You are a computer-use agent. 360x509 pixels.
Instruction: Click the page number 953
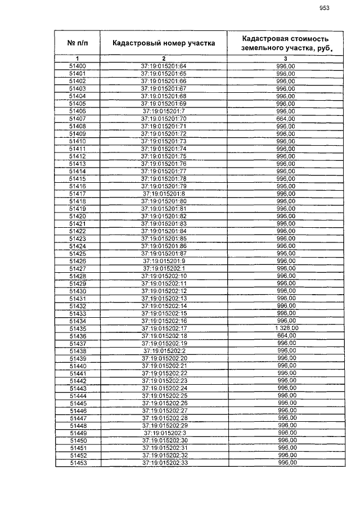tap(324, 8)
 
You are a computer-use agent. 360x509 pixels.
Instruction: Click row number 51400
tap(78, 66)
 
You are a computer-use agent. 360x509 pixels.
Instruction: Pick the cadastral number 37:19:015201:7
tap(164, 111)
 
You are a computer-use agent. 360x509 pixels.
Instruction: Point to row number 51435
tap(78, 328)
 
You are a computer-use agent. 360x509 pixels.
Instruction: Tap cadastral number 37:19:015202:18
tap(164, 336)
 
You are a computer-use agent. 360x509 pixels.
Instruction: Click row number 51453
tap(78, 463)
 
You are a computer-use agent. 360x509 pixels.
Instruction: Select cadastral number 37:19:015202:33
tap(164, 463)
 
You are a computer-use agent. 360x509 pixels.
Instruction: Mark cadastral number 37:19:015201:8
tap(164, 193)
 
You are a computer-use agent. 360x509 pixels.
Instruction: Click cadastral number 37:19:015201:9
tap(164, 261)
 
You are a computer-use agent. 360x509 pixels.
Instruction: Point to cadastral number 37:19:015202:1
tap(164, 268)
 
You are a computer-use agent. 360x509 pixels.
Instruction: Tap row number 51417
tap(78, 193)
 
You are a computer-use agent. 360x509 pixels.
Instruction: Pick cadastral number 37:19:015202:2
tap(164, 350)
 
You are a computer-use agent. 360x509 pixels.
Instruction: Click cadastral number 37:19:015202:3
tap(164, 433)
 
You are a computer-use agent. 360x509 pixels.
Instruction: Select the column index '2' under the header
tap(164, 58)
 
